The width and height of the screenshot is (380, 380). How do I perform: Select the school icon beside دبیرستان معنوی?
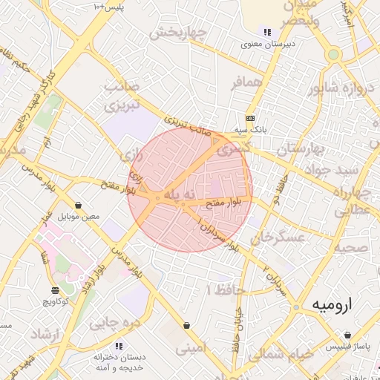tap(267, 32)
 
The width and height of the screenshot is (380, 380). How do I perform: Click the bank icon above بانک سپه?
tap(250, 117)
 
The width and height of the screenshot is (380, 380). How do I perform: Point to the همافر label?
tap(247, 83)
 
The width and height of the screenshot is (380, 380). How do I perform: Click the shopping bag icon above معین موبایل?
tap(79, 206)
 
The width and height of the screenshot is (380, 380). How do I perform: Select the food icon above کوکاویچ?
tap(55, 289)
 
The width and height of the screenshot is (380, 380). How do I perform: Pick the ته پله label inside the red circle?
tap(178, 194)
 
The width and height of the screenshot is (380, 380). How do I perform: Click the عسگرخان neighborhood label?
tap(278, 237)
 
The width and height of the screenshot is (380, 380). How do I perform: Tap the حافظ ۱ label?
tap(220, 288)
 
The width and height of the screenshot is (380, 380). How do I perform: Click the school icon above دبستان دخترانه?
tap(119, 346)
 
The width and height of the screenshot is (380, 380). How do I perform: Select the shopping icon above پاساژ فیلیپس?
tap(347, 334)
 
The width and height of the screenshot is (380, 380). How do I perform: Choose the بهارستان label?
tap(300, 148)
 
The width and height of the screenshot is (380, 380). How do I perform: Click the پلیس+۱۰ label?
tap(107, 7)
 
